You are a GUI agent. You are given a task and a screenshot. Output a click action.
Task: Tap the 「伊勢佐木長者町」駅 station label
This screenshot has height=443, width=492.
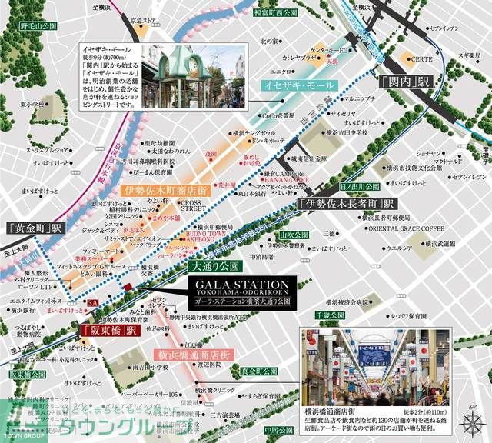click(347, 205)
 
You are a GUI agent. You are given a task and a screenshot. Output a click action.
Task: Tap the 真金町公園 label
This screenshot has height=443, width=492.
click(258, 371)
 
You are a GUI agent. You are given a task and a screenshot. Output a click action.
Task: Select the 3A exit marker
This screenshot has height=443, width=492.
click(93, 305)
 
